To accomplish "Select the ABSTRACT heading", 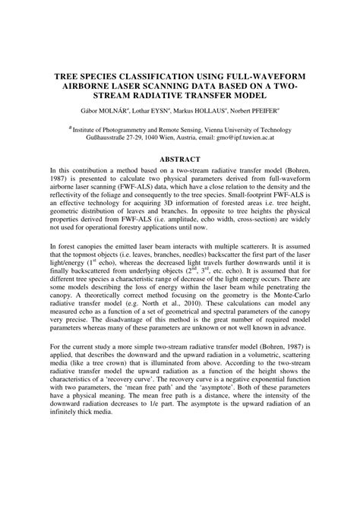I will pos(180,160).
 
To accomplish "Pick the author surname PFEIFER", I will pos(279,112).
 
